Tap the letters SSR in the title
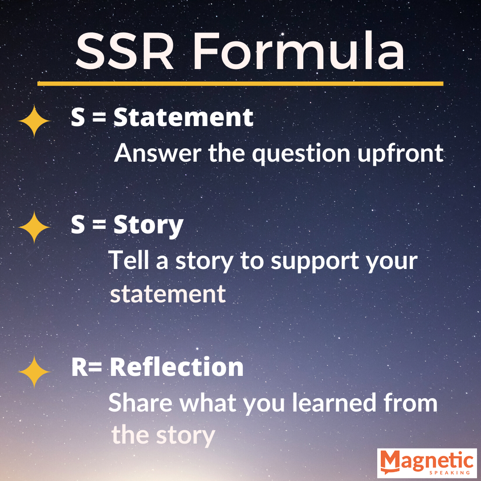coord(125,51)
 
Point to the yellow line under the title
coord(240,83)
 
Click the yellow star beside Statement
coord(34,121)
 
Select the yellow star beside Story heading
coord(34,227)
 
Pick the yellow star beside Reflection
coord(34,372)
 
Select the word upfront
coord(401,153)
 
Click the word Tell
coord(129,260)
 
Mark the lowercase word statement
coord(168,294)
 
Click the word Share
coord(140,402)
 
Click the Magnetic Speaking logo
coord(427,463)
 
